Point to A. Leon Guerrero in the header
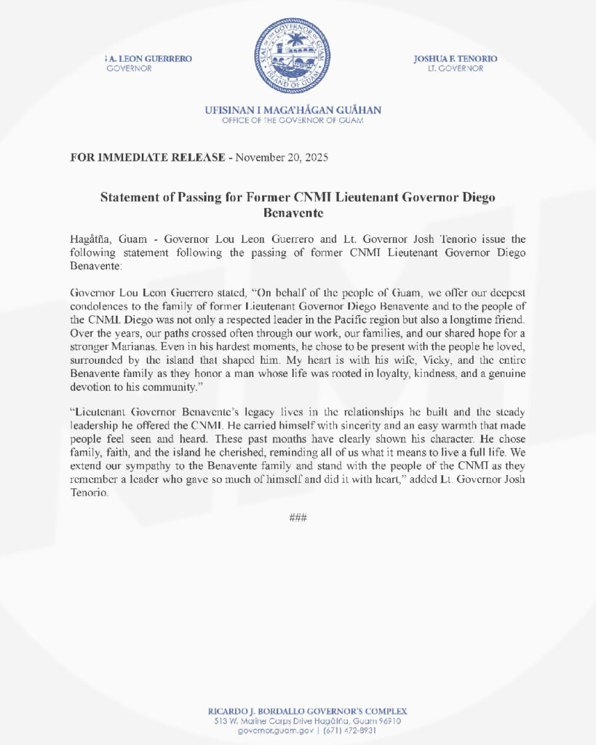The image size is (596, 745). pyautogui.click(x=152, y=58)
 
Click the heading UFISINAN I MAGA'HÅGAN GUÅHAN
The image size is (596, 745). pyautogui.click(x=293, y=111)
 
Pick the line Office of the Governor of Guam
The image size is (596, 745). pyautogui.click(x=293, y=121)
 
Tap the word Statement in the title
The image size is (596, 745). pyautogui.click(x=128, y=197)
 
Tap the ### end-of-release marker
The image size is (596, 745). pyautogui.click(x=298, y=517)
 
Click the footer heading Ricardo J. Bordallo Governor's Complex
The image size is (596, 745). pyautogui.click(x=298, y=711)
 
